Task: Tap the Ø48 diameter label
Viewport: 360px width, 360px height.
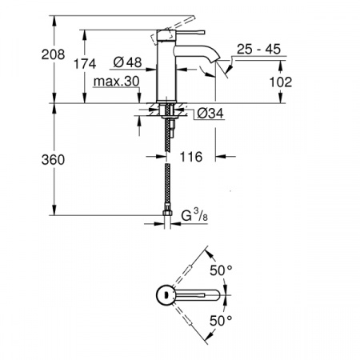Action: (x=128, y=63)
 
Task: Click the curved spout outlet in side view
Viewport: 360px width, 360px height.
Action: (x=210, y=67)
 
